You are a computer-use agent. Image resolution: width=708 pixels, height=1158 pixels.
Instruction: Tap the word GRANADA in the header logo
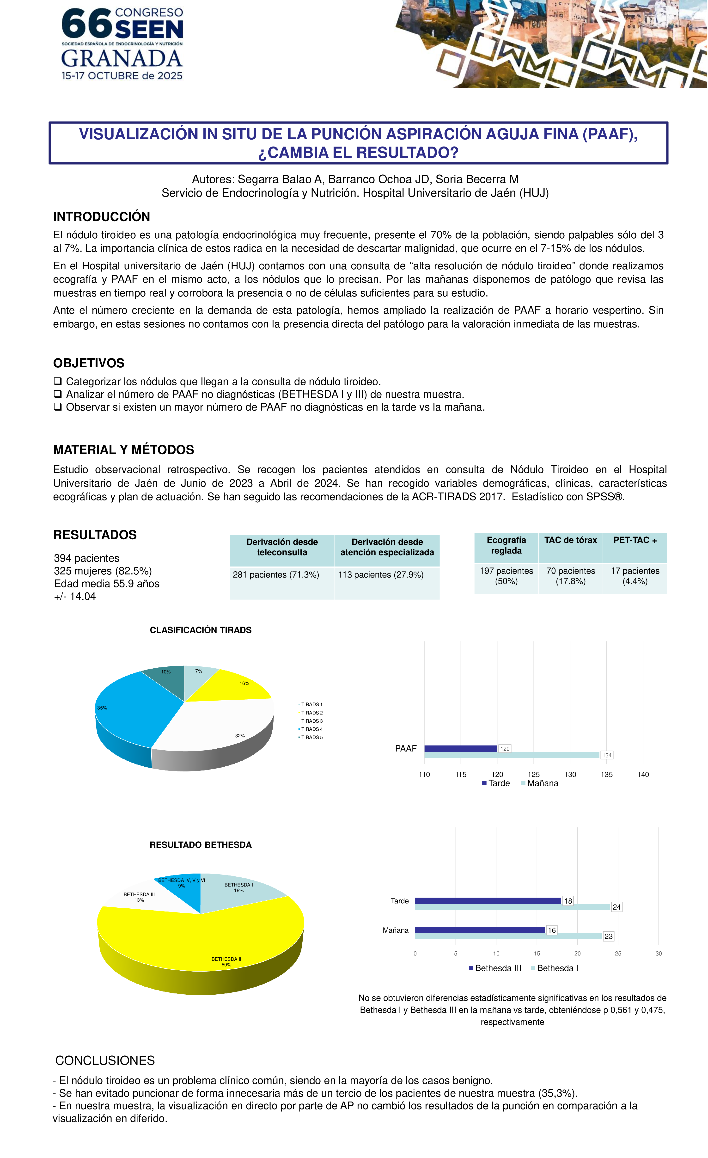122,59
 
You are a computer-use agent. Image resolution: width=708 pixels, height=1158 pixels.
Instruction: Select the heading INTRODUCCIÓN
102,217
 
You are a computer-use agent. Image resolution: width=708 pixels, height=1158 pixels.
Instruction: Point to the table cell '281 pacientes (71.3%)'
276,575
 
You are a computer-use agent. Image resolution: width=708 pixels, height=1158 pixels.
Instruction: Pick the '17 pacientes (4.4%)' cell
635,576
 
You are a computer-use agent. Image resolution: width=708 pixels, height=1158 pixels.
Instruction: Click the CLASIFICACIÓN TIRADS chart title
201,630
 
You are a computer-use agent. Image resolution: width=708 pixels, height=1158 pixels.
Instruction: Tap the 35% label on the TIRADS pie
102,708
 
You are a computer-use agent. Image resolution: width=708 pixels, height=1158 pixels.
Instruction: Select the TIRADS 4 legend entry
311,729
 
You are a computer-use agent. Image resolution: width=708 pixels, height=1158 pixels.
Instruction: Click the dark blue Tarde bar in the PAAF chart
460,749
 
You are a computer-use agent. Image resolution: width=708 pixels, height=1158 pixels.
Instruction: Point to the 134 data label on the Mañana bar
606,755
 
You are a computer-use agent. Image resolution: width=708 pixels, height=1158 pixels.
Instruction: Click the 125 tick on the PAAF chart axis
534,775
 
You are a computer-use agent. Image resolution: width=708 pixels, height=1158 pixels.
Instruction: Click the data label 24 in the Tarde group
616,907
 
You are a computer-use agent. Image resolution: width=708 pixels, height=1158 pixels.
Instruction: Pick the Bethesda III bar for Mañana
479,930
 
